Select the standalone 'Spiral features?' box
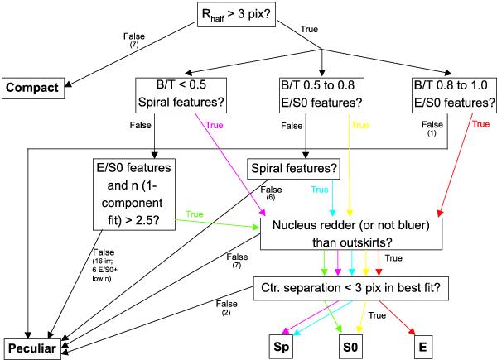coord(293,168)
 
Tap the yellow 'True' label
coord(359,126)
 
